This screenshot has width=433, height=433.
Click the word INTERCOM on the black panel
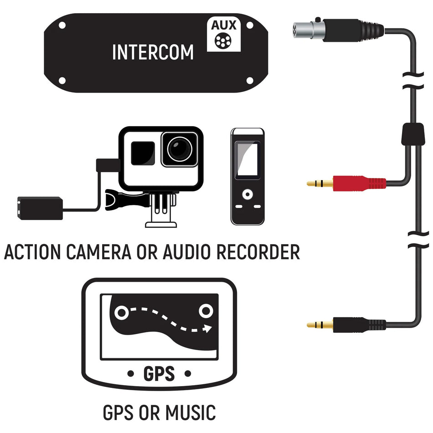click(x=153, y=52)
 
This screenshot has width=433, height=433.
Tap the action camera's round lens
click(x=179, y=149)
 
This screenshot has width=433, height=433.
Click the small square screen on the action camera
click(x=142, y=153)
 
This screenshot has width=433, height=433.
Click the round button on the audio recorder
click(x=247, y=194)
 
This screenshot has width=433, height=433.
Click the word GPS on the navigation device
click(x=159, y=374)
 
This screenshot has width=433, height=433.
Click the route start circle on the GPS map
click(x=121, y=313)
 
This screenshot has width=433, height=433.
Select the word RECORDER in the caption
click(x=258, y=252)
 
